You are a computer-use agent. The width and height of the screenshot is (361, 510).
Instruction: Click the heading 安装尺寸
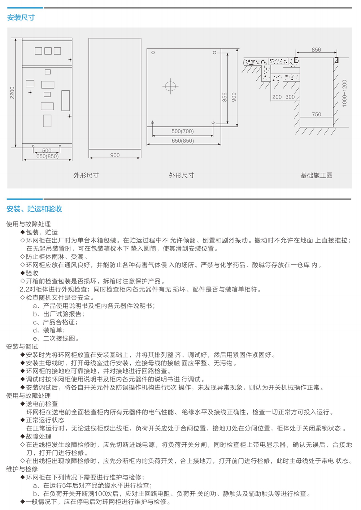[21, 18]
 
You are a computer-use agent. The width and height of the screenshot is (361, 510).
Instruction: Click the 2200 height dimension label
[12, 93]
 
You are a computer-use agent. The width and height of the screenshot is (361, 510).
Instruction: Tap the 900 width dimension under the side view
[115, 155]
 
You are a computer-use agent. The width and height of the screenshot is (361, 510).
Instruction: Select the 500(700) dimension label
[183, 131]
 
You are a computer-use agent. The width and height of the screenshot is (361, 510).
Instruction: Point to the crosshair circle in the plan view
[170, 86]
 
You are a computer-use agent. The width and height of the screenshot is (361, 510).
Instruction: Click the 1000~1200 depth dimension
[344, 93]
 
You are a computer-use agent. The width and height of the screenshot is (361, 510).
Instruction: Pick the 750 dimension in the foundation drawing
[316, 114]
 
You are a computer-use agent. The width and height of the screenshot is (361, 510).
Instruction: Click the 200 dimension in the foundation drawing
[277, 97]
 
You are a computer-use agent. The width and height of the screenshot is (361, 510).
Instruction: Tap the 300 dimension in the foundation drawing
[290, 97]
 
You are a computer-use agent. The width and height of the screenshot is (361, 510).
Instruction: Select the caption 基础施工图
[316, 175]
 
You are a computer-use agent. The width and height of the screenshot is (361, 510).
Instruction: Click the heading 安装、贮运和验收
[34, 209]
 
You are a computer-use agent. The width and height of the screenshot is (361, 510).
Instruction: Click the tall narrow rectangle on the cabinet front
[66, 100]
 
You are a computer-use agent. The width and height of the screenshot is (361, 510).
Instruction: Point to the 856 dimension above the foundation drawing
[316, 49]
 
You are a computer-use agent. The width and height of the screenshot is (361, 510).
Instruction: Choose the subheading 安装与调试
[22, 346]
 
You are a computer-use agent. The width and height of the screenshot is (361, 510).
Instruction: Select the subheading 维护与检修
[22, 469]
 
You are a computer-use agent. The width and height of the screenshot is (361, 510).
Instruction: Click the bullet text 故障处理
[39, 436]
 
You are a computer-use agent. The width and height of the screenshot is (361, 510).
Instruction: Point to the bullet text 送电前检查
[42, 404]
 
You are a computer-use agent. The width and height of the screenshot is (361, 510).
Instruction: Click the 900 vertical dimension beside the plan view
[234, 97]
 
